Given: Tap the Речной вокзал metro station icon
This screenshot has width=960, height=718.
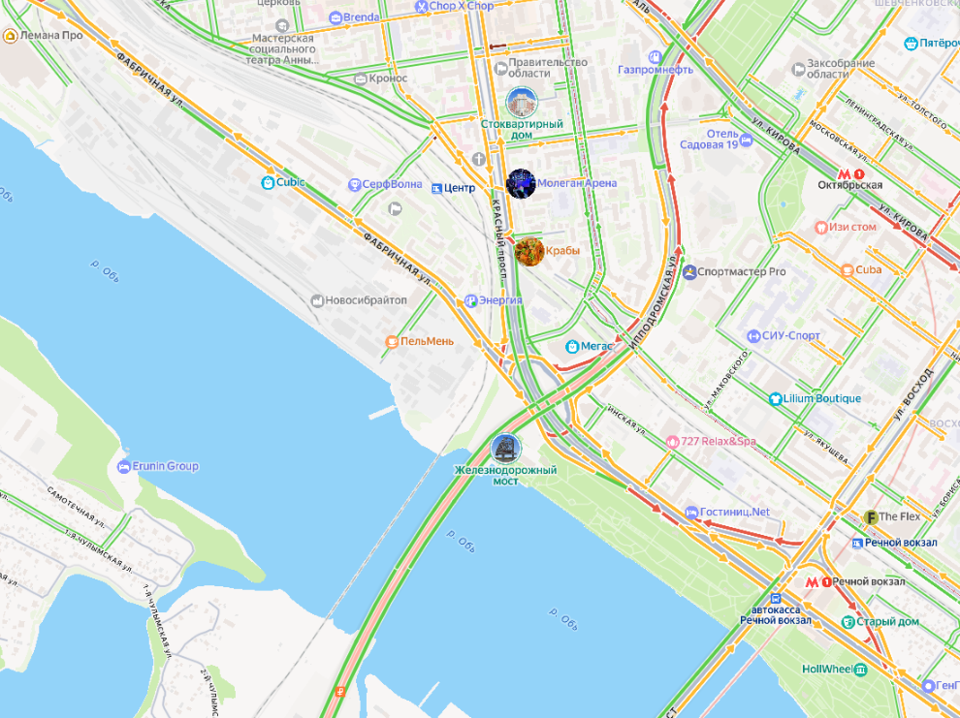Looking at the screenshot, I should pyautogui.click(x=818, y=581).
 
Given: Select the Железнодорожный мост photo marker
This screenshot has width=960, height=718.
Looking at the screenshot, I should pyautogui.click(x=505, y=448).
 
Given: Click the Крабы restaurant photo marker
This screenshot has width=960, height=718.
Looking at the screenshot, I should pyautogui.click(x=529, y=251).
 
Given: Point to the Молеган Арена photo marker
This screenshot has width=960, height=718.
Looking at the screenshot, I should pyautogui.click(x=521, y=183).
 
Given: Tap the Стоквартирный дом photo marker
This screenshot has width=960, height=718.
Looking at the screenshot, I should pyautogui.click(x=522, y=102).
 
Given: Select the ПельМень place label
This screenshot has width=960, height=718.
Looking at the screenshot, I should pyautogui.click(x=420, y=341).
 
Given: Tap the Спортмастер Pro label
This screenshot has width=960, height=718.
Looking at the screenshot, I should pyautogui.click(x=741, y=272).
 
